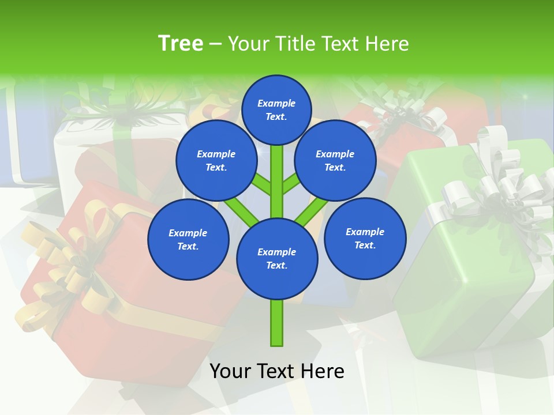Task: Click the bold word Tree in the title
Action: [x=181, y=43]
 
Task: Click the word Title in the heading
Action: [x=296, y=44]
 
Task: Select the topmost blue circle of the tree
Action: [x=276, y=110]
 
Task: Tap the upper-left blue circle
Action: [x=216, y=160]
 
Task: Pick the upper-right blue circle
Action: [x=335, y=160]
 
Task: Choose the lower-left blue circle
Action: [x=188, y=239]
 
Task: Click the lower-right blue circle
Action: [x=365, y=238]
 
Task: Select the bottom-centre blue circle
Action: [x=277, y=259]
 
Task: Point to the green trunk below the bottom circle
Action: [x=277, y=323]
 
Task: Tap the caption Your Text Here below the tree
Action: [x=277, y=371]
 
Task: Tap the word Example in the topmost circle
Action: [x=276, y=104]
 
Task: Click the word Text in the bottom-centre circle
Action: [x=276, y=266]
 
